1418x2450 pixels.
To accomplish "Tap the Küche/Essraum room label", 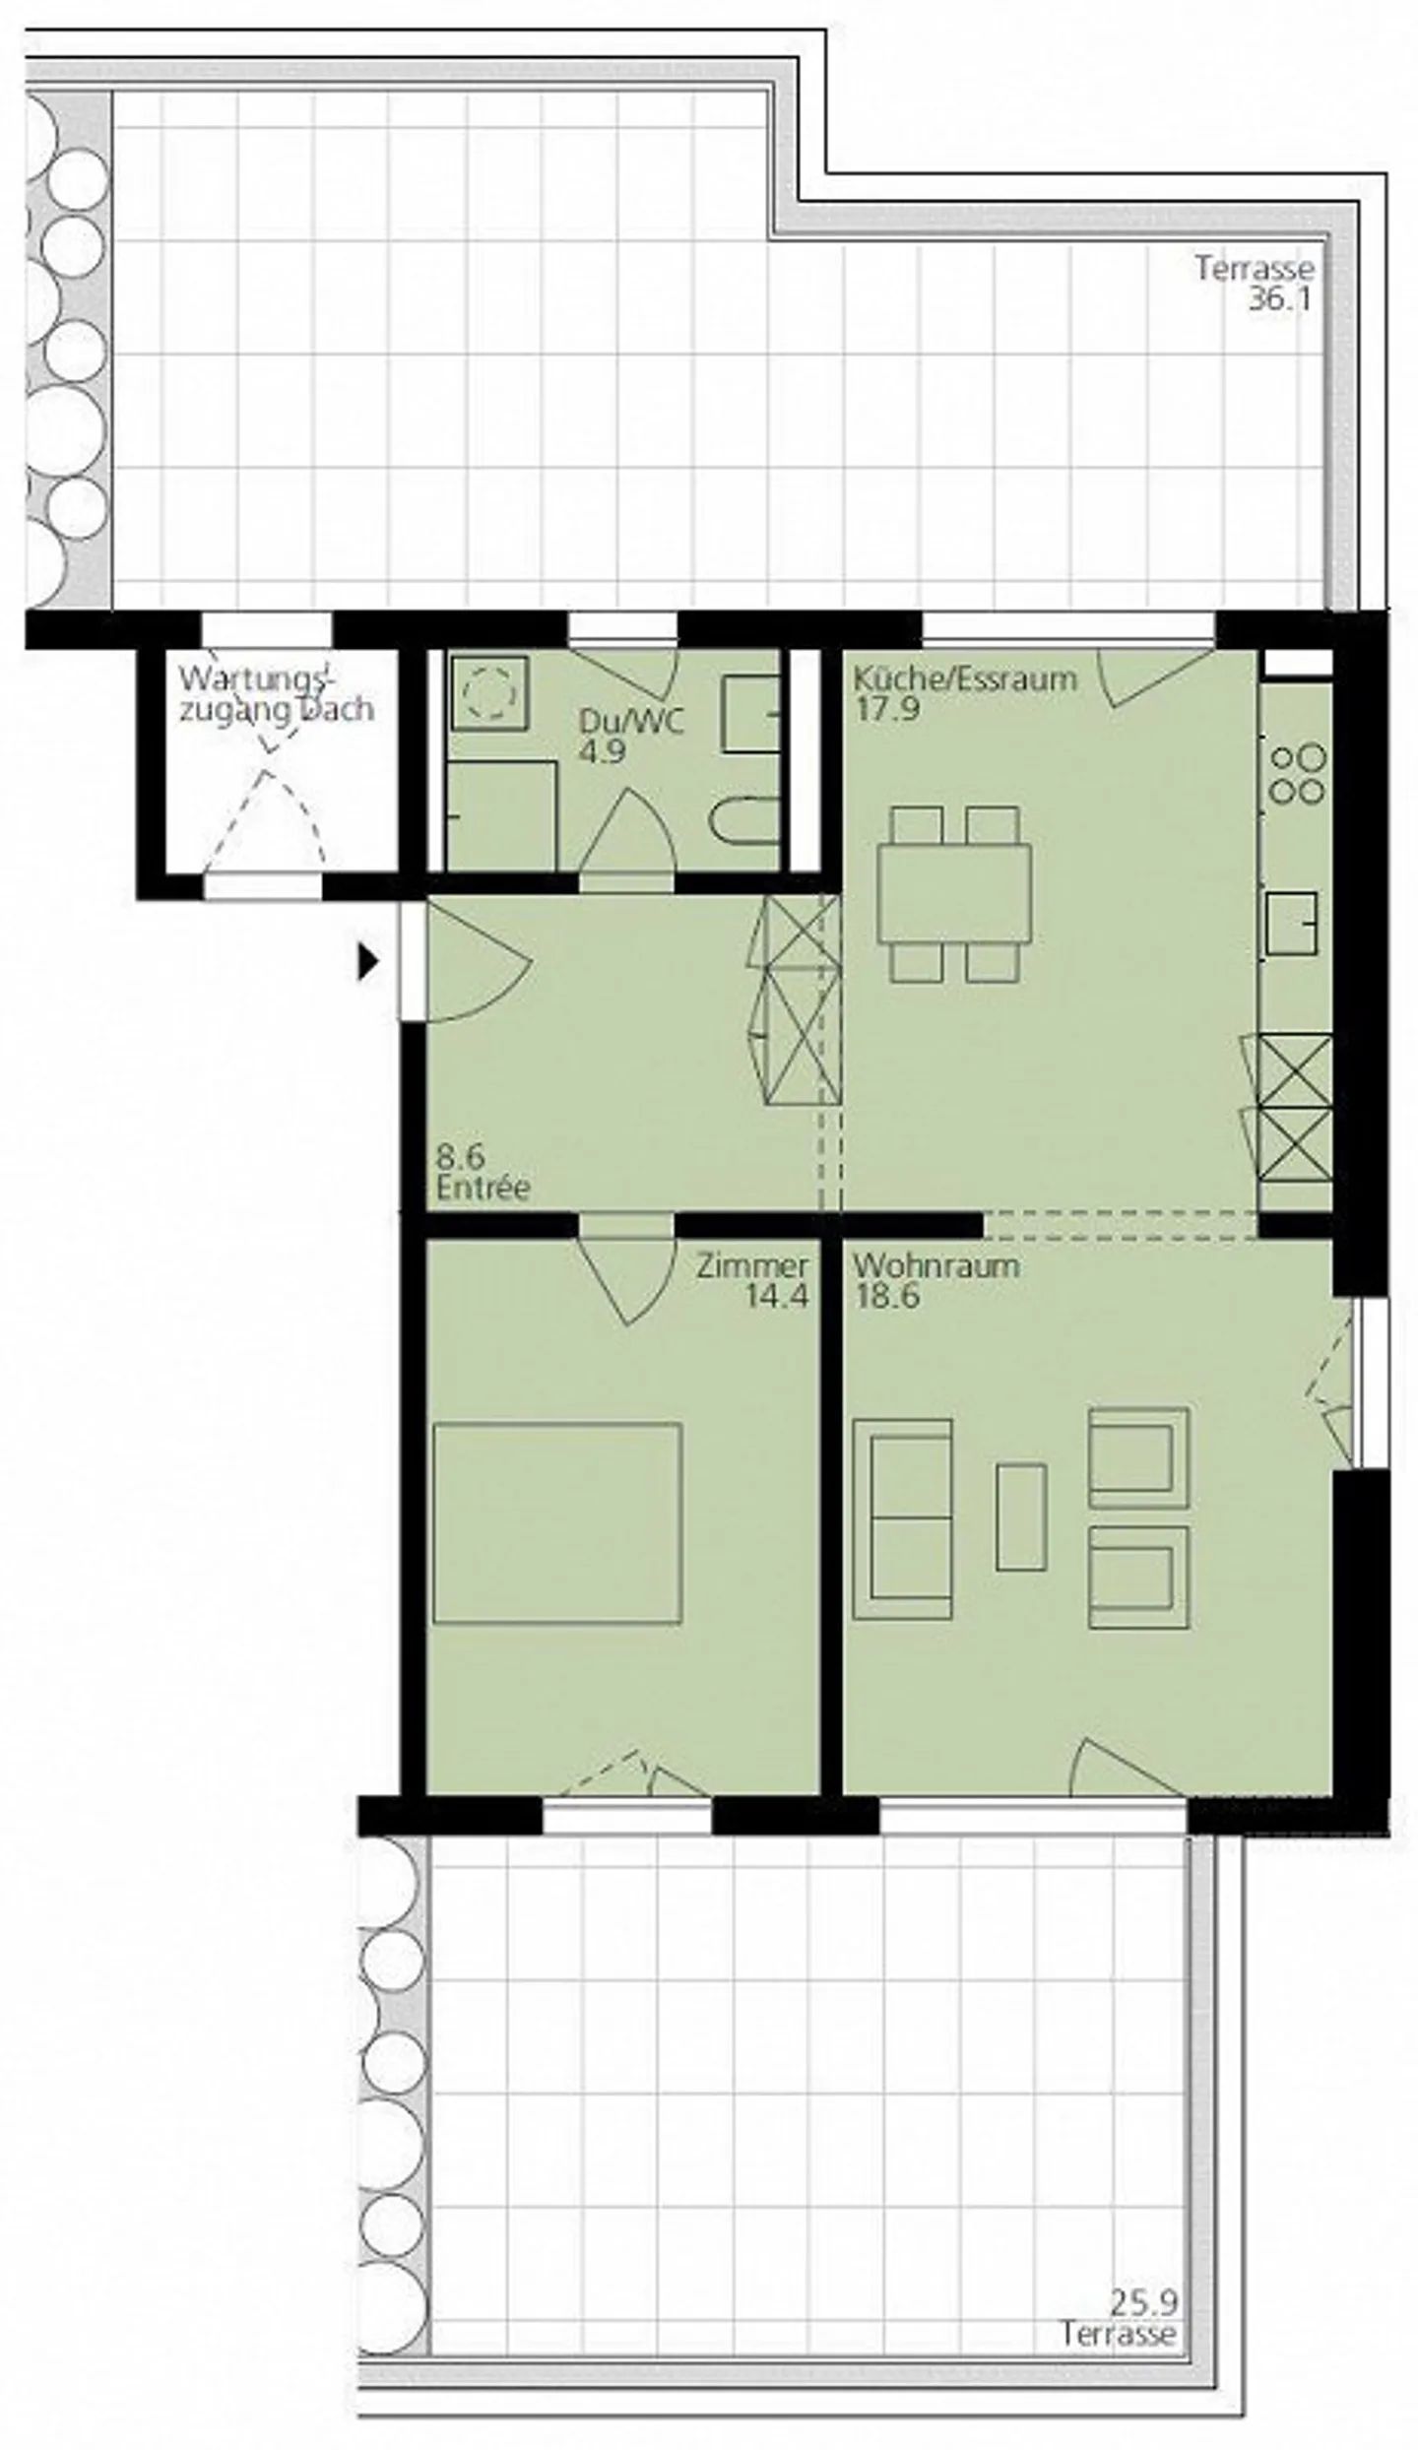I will (x=964, y=678).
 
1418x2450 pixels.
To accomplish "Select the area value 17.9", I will (x=886, y=709).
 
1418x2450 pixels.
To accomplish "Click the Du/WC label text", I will (x=630, y=722).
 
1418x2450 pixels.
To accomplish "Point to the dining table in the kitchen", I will (x=954, y=893).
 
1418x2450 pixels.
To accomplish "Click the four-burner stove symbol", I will (x=1298, y=774).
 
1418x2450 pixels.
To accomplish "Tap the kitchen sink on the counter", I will (x=1292, y=923).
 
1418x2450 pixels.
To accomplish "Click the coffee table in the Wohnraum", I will (x=1020, y=1516).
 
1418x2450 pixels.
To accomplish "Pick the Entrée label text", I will (x=483, y=1188).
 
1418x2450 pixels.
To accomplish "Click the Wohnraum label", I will (x=935, y=1265).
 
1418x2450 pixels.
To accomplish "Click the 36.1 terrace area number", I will (x=1280, y=299).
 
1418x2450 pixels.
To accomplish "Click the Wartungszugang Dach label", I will (x=276, y=694).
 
